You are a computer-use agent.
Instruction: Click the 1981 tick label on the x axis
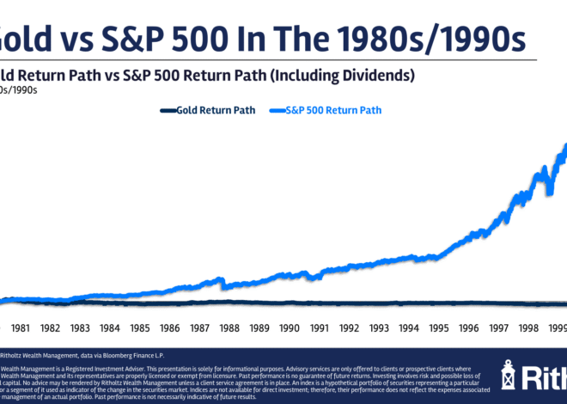tap(21, 327)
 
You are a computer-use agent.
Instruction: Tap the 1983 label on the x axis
tap(80, 327)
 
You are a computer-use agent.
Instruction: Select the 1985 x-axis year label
tap(140, 327)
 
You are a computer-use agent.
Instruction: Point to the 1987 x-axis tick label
tap(200, 327)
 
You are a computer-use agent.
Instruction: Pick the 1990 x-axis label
tap(290, 327)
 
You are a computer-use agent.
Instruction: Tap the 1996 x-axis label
tap(469, 327)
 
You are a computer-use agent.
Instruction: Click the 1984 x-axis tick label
tap(110, 327)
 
